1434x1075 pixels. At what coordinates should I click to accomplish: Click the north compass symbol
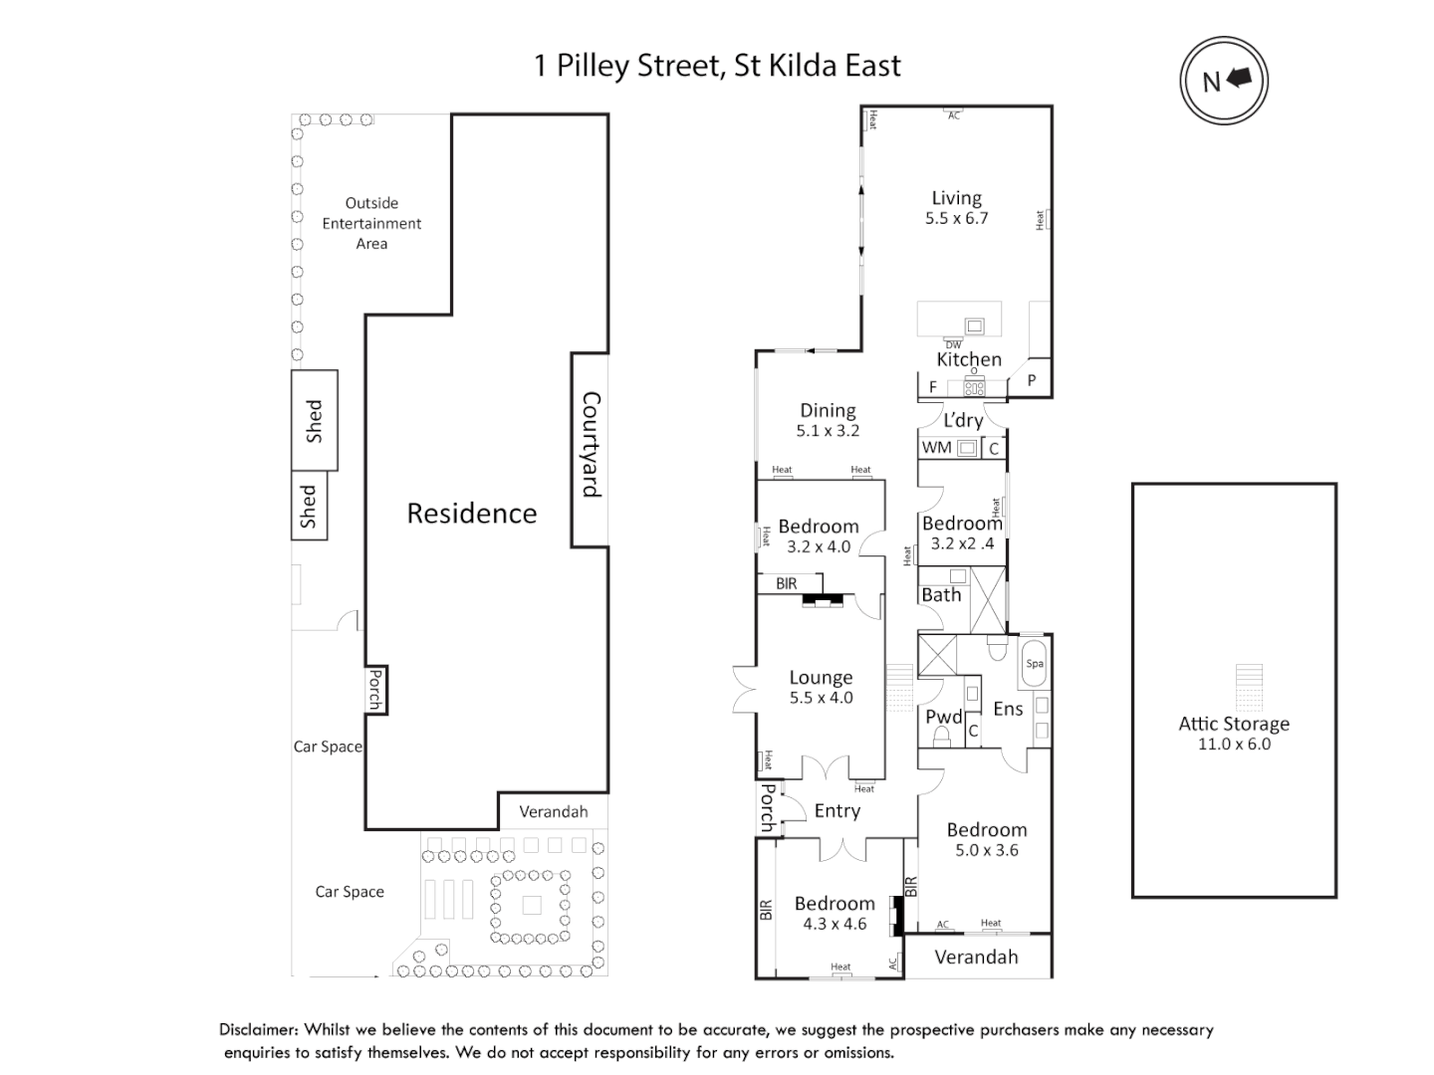point(1224,81)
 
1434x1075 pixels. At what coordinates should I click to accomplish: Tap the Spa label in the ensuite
point(1035,664)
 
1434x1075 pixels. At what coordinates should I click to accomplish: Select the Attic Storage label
point(1234,724)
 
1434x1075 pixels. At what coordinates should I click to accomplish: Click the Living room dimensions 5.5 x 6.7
point(956,219)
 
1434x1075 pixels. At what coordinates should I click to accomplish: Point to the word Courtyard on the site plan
point(591,444)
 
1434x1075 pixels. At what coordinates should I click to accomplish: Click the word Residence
point(471,514)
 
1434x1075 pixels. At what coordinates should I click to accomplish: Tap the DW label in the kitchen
point(953,344)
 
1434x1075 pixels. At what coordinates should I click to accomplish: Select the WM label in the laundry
point(936,448)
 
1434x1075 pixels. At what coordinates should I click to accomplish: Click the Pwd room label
point(943,717)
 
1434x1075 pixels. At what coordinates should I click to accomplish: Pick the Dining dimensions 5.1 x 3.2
point(828,431)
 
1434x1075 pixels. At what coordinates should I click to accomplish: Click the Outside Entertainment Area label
point(371,223)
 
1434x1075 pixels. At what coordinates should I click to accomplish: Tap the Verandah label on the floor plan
point(976,957)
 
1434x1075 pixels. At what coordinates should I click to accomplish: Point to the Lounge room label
point(821,677)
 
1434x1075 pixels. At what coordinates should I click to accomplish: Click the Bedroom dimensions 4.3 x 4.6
point(835,924)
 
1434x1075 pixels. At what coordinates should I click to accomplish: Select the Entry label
point(836,811)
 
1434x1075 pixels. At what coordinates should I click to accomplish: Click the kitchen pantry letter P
point(1032,380)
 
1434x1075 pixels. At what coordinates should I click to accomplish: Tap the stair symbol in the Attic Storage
point(1248,688)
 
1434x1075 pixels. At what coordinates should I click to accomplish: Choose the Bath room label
point(941,595)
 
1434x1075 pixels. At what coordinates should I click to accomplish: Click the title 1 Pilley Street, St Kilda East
point(717,66)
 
